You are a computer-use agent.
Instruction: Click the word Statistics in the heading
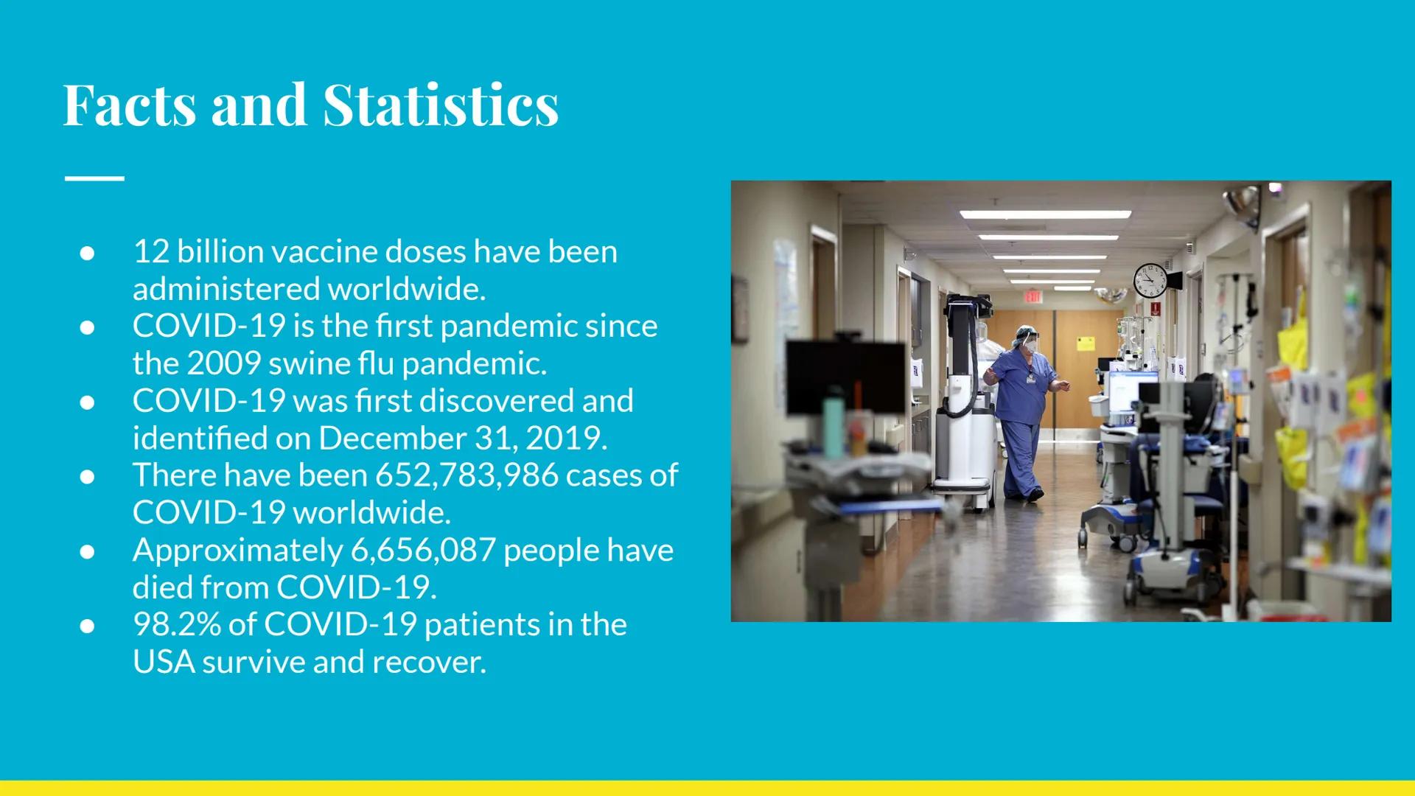tap(440, 105)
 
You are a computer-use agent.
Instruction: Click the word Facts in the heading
tap(130, 105)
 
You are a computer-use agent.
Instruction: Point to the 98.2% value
tap(176, 624)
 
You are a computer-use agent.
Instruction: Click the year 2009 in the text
tap(223, 363)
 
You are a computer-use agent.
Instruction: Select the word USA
tap(164, 662)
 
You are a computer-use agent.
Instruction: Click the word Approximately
tap(237, 551)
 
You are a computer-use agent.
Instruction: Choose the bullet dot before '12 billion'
tap(87, 253)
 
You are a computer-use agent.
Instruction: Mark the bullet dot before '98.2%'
tap(87, 626)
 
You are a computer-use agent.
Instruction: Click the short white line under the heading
tap(94, 178)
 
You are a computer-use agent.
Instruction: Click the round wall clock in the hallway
tap(1150, 280)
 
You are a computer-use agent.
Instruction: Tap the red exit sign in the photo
tap(1033, 296)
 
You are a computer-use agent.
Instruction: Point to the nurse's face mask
tap(1031, 344)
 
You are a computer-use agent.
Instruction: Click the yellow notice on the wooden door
tap(1085, 343)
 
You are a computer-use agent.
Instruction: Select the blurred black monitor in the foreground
tap(845, 377)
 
